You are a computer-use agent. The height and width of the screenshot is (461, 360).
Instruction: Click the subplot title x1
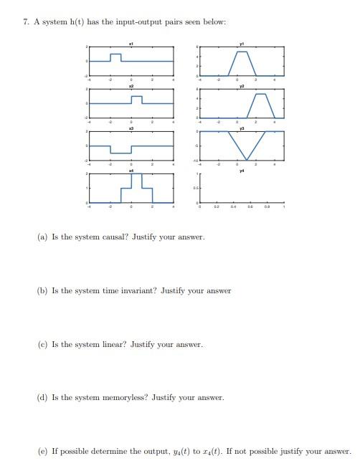pyautogui.click(x=131, y=44)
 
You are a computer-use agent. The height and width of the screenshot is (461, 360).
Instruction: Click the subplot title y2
pyautogui.click(x=242, y=86)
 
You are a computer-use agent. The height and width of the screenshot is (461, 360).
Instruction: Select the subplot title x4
pyautogui.click(x=131, y=171)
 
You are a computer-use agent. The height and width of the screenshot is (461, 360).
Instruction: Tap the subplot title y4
pyautogui.click(x=242, y=171)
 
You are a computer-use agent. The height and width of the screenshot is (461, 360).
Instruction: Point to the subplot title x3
pyautogui.click(x=131, y=128)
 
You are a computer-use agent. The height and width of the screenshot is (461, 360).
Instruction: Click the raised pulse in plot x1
pyautogui.click(x=115, y=54)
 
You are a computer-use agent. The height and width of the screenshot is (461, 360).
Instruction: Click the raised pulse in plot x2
pyautogui.click(x=136, y=97)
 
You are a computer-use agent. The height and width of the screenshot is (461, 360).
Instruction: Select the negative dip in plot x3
pyautogui.click(x=120, y=152)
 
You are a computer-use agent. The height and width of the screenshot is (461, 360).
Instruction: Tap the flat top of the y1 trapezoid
pyautogui.click(x=242, y=52)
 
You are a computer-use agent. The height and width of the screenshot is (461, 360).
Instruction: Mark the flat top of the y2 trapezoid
pyautogui.click(x=260, y=94)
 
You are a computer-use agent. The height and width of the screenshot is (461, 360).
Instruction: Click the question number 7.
pyautogui.click(x=26, y=22)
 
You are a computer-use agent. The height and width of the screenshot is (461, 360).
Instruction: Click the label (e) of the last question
pyautogui.click(x=43, y=451)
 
